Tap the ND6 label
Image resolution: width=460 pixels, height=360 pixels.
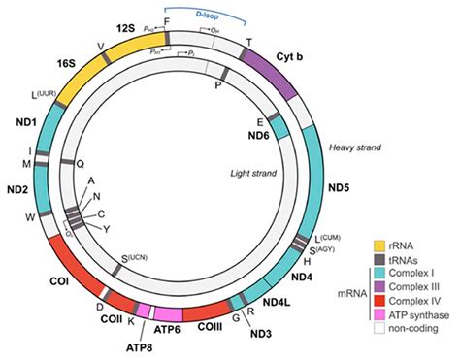(258, 135)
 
